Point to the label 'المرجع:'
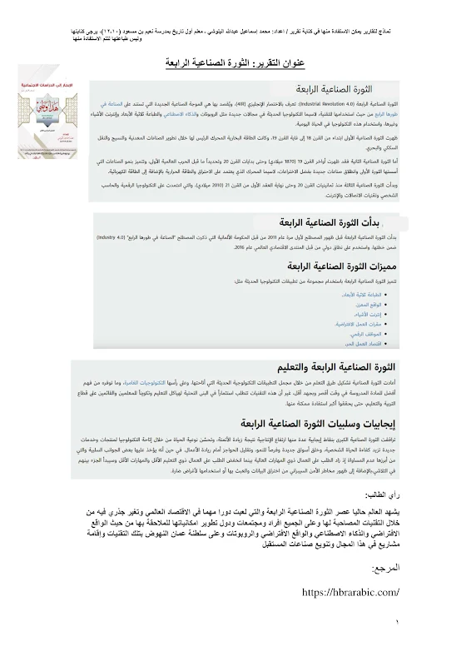[x=384, y=568]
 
